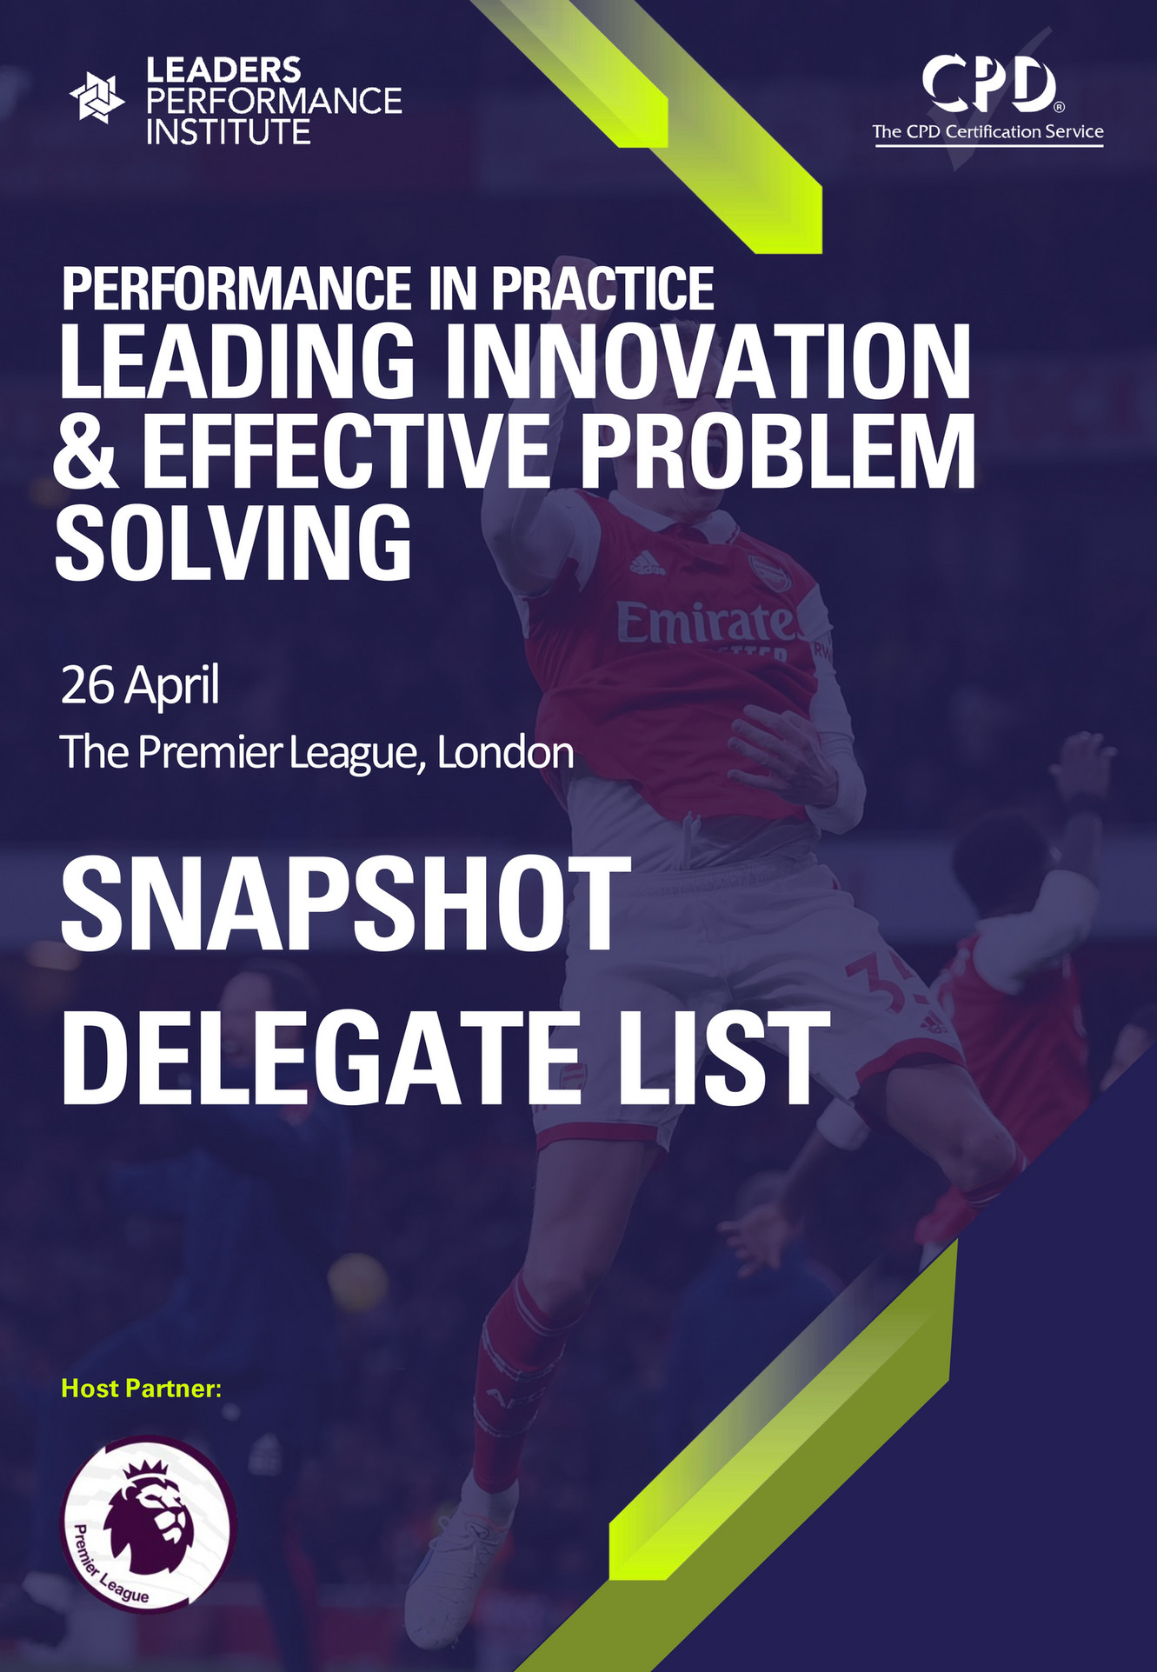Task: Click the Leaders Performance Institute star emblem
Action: (x=96, y=98)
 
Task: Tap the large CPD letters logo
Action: (x=989, y=84)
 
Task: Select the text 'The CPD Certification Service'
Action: (x=988, y=132)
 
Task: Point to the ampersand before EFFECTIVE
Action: (x=85, y=452)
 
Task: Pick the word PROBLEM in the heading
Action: (x=778, y=452)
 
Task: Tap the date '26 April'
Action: (x=139, y=685)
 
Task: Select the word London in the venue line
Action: (x=505, y=753)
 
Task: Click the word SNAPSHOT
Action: (x=345, y=905)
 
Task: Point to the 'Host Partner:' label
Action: (x=142, y=1389)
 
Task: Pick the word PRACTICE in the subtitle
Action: (x=602, y=290)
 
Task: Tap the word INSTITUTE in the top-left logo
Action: (x=228, y=132)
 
